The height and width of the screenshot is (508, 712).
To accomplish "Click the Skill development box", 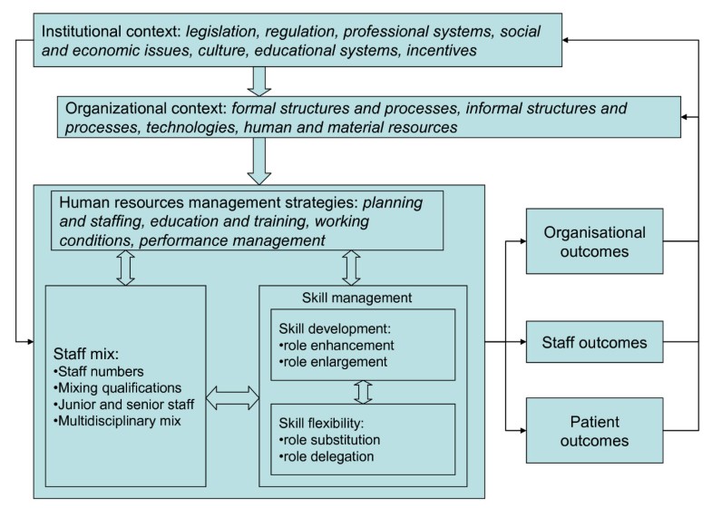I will click(x=363, y=344).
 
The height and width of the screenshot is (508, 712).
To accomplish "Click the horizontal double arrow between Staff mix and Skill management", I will click(x=232, y=396).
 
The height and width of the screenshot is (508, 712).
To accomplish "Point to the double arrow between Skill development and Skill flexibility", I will click(x=363, y=392).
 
